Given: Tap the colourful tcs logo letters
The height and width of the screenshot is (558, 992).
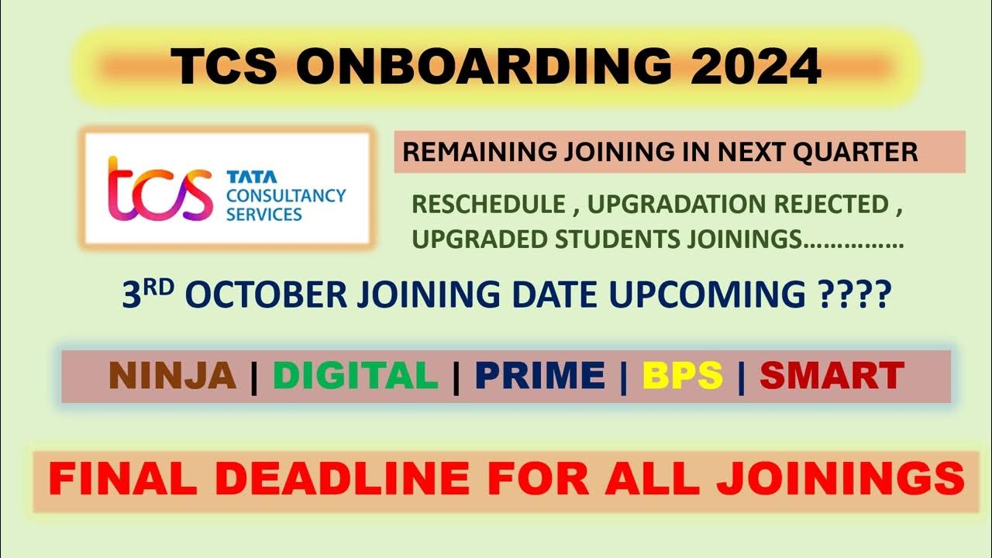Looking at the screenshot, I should pos(160,191).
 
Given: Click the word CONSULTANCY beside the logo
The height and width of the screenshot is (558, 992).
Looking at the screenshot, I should pos(285,195).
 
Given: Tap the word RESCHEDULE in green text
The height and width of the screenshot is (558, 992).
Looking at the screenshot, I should pos(488,205).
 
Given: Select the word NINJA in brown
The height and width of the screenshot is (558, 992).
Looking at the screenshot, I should pos(173,376).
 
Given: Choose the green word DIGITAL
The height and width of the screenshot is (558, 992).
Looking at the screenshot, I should pos(356,376).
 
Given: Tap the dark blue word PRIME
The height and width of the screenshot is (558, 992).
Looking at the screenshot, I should pos(540,376).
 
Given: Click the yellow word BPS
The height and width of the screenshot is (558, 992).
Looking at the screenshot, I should pos(682,376).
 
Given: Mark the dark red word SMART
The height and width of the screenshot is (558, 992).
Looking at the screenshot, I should pos(832,376).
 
